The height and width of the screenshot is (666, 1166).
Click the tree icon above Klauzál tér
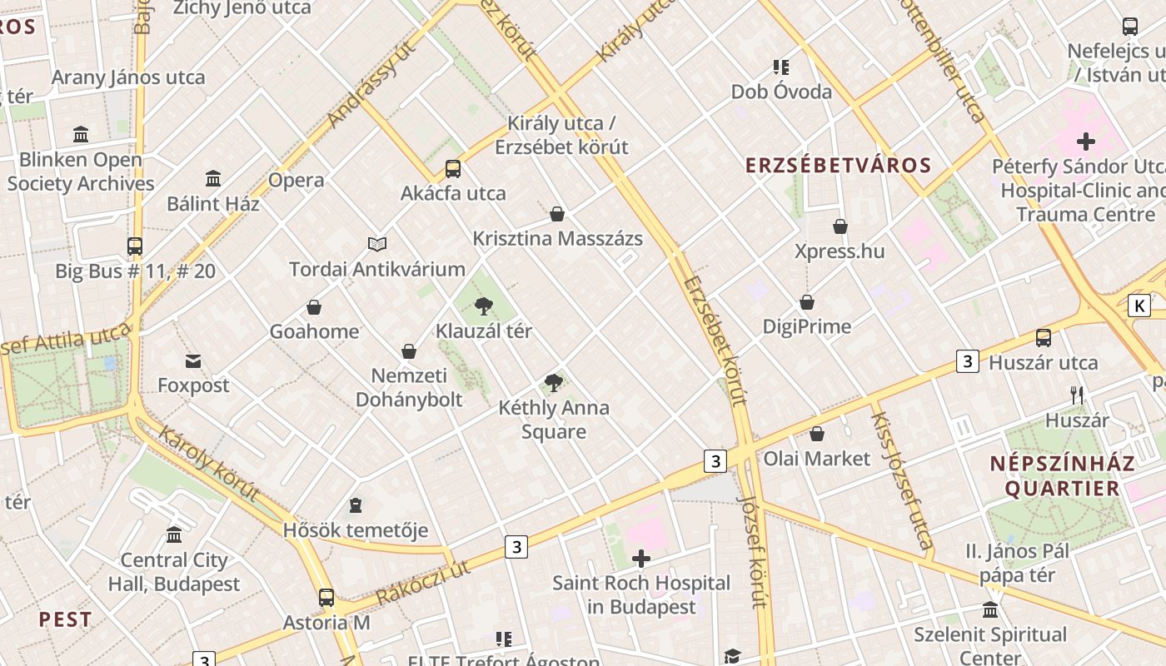point(483,306)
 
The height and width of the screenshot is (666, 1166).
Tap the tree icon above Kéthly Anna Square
point(553,383)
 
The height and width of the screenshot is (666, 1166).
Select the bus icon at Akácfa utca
point(453,169)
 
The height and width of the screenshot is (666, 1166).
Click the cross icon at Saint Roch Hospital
point(641,559)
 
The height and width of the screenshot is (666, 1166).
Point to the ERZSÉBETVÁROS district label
point(838,165)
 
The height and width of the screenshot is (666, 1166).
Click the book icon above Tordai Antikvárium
point(377,244)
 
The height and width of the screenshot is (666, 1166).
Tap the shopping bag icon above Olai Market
point(817,434)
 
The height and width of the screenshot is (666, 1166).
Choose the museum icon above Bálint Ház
point(213,178)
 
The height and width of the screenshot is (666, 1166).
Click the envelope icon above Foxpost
point(193,360)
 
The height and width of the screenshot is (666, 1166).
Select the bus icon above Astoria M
point(326,598)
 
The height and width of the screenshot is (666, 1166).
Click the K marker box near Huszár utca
point(1139,306)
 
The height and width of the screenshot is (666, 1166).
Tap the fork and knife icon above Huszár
point(1078,395)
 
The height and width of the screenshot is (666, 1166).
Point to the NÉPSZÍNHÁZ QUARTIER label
point(1062,475)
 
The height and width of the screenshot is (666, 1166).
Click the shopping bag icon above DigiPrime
point(807,301)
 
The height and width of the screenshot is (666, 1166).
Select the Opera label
point(296,180)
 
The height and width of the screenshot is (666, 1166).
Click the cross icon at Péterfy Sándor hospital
point(1086,142)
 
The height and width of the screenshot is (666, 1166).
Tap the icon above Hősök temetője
point(356,505)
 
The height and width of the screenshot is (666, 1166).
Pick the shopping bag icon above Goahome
point(314,307)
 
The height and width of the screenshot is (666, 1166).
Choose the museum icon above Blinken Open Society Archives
point(81,134)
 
